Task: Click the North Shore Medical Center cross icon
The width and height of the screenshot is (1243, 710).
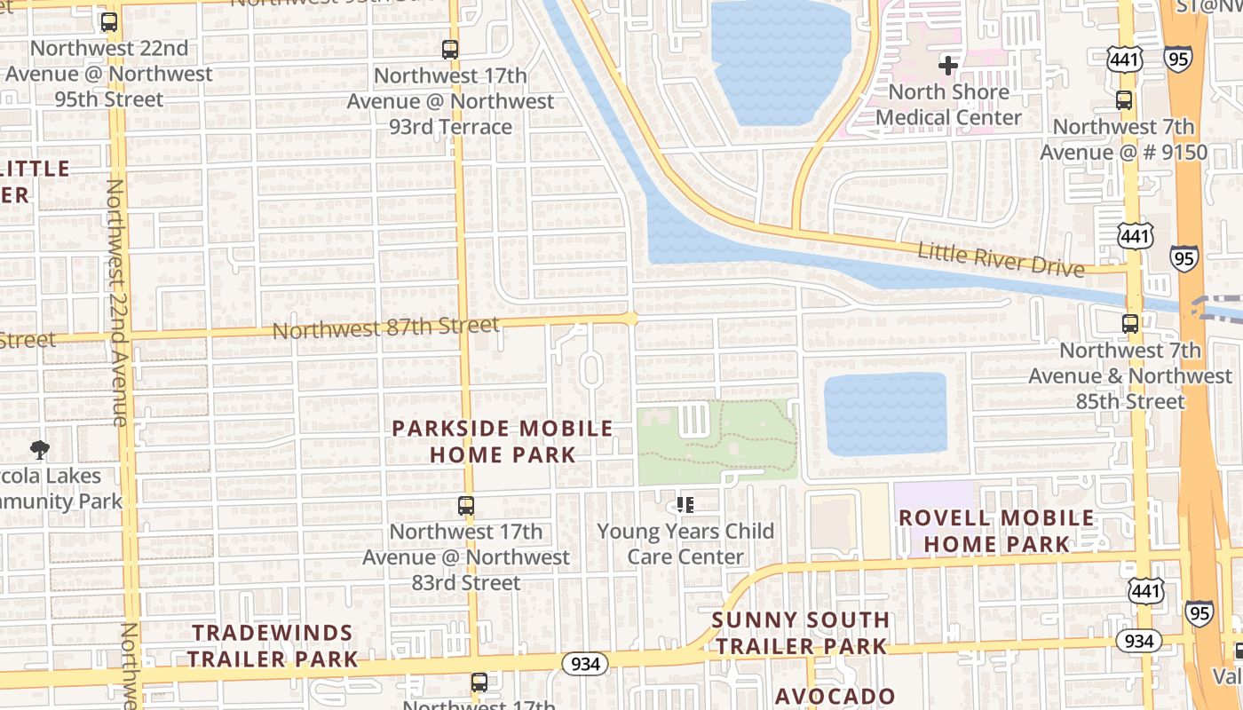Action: click(x=948, y=65)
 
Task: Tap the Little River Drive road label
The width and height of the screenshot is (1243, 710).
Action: click(x=1001, y=258)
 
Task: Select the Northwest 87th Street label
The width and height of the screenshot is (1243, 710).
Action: click(x=385, y=328)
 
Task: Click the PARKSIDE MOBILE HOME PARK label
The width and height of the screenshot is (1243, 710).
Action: click(x=503, y=441)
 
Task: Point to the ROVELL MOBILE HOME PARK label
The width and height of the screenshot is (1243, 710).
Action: click(x=996, y=530)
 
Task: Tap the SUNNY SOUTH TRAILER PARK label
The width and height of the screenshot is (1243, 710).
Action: click(x=800, y=632)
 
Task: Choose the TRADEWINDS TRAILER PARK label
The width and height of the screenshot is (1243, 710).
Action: click(x=273, y=645)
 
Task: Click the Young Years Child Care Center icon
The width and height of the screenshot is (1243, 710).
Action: click(x=685, y=505)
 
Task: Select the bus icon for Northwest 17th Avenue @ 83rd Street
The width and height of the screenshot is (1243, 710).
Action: click(x=466, y=506)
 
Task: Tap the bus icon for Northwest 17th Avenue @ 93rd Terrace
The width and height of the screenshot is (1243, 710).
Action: click(x=450, y=50)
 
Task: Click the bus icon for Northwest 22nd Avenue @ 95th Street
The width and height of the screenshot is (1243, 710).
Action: click(x=109, y=22)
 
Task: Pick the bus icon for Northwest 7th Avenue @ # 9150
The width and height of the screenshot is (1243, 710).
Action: click(x=1124, y=99)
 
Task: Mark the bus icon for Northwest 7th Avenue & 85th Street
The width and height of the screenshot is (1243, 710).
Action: click(x=1130, y=324)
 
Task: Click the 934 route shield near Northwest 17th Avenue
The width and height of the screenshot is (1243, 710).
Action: click(x=585, y=663)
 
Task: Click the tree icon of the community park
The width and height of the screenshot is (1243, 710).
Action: click(x=40, y=450)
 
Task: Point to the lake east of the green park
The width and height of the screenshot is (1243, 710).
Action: click(x=885, y=414)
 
